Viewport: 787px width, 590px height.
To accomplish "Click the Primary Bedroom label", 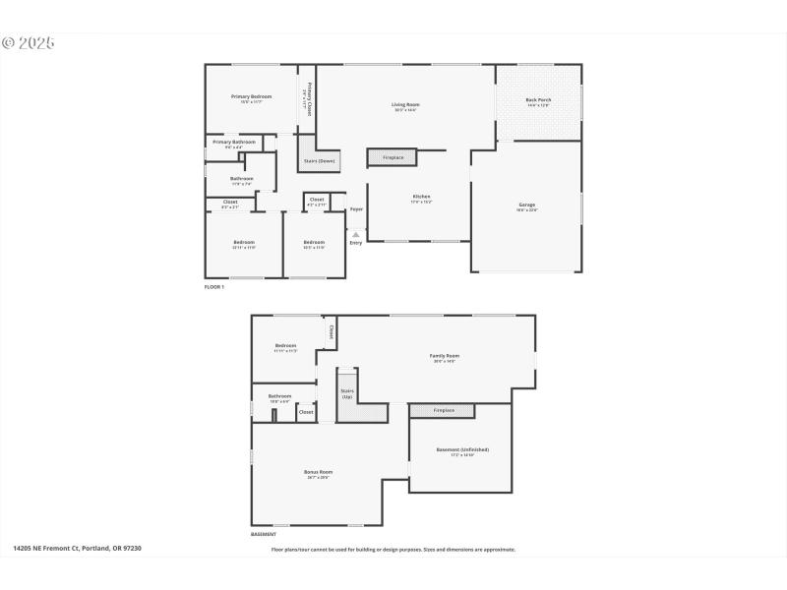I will click(x=251, y=96).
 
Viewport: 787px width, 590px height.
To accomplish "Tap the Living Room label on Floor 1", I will click(x=405, y=104).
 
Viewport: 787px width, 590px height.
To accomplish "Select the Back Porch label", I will click(x=537, y=99).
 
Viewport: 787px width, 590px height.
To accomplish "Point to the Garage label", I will click(x=527, y=205).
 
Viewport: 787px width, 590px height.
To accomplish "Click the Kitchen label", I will click(x=421, y=197).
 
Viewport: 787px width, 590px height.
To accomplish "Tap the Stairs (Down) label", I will click(x=319, y=160).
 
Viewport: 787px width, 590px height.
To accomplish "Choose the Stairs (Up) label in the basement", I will click(x=346, y=392).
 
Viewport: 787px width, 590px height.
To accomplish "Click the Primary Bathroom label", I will click(x=234, y=143).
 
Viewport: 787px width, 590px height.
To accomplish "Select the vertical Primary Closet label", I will click(x=307, y=99).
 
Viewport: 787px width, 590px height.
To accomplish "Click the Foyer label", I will click(x=356, y=209).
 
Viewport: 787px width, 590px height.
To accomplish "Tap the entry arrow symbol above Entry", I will click(x=356, y=234).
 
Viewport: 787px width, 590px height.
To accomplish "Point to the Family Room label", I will click(x=444, y=356).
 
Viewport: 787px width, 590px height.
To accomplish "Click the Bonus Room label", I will click(x=318, y=472).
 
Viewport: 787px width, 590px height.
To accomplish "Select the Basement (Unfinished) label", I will click(x=461, y=450).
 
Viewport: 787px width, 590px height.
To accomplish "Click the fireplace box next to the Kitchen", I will click(x=393, y=157).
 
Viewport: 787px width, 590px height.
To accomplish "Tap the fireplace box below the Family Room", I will click(x=442, y=410).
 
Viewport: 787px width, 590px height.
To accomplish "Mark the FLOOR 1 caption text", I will click(x=214, y=286).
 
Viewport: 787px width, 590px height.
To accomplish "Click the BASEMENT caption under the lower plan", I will click(x=263, y=535).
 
